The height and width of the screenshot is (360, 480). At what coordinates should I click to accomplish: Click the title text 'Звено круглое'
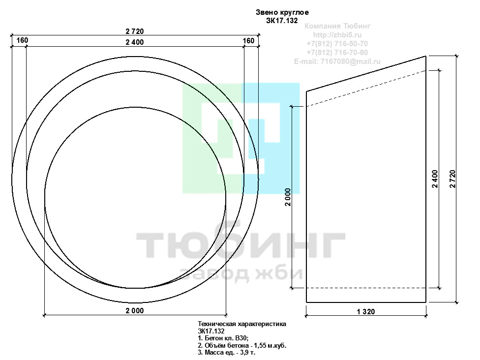(x=282, y=13)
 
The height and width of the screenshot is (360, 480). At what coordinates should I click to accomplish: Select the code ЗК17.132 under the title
(x=282, y=21)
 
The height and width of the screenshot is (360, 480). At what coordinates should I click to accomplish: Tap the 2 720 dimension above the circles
(x=135, y=31)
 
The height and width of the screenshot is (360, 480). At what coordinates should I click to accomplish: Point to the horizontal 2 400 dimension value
(x=135, y=42)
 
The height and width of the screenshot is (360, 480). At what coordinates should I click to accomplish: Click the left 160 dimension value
(x=22, y=40)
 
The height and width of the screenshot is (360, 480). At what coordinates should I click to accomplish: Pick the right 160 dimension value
(x=248, y=41)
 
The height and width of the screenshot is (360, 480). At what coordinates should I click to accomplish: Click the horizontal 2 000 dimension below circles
(x=135, y=311)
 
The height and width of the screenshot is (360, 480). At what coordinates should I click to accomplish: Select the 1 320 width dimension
(x=366, y=312)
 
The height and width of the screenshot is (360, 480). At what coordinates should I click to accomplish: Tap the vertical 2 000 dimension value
(x=288, y=197)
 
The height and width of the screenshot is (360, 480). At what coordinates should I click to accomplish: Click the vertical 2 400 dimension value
(x=435, y=179)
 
